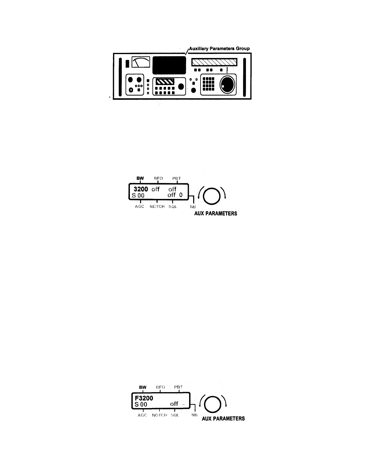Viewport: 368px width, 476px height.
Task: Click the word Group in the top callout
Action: point(242,48)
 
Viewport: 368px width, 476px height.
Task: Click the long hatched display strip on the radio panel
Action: point(214,62)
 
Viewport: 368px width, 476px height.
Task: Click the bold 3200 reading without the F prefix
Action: point(141,189)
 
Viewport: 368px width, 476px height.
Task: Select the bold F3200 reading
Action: point(144,398)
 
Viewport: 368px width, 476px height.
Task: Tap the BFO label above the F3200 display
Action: point(161,387)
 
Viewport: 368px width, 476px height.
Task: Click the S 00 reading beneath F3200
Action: point(141,404)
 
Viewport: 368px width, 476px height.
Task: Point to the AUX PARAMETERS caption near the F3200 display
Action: point(223,419)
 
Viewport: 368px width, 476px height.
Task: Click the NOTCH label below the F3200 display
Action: point(159,415)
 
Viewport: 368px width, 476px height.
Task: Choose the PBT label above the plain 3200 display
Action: point(176,178)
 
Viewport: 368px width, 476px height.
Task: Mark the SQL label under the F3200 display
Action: point(175,415)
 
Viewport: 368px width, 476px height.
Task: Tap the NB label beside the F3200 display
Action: point(194,415)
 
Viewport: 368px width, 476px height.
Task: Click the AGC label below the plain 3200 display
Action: point(140,207)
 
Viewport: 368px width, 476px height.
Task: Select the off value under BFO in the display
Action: point(155,189)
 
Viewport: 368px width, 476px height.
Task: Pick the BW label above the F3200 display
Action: point(143,387)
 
